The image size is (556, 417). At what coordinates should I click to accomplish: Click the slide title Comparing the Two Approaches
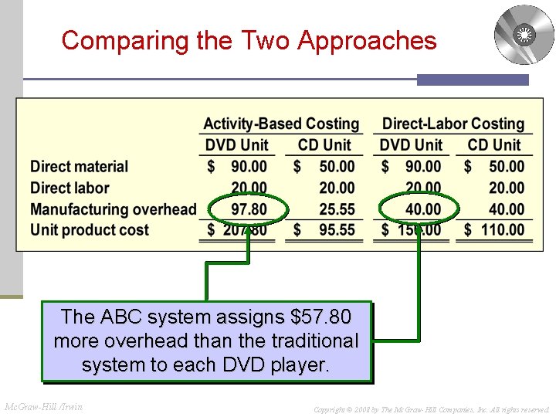click(x=249, y=40)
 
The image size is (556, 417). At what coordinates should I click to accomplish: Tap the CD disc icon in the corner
click(x=524, y=35)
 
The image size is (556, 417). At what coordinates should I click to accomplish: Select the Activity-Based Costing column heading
click(x=281, y=124)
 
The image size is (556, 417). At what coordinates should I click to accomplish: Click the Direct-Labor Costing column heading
click(x=453, y=124)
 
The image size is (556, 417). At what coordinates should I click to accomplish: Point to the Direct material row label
click(x=79, y=166)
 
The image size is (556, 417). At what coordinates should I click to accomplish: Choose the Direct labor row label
click(x=69, y=188)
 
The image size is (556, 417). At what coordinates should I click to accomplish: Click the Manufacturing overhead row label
click(x=113, y=208)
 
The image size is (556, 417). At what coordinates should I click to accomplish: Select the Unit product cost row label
click(x=90, y=229)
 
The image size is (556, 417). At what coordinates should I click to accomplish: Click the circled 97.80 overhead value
click(x=249, y=208)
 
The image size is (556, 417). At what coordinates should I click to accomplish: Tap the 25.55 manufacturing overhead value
click(x=337, y=208)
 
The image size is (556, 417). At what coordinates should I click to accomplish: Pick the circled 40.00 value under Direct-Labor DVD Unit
click(x=422, y=208)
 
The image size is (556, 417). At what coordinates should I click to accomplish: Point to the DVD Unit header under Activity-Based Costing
click(x=236, y=145)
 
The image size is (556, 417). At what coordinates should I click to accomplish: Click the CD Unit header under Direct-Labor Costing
click(x=494, y=145)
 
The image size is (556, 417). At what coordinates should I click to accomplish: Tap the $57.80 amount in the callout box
click(x=319, y=317)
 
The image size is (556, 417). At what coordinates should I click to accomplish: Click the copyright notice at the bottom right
click(x=431, y=409)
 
